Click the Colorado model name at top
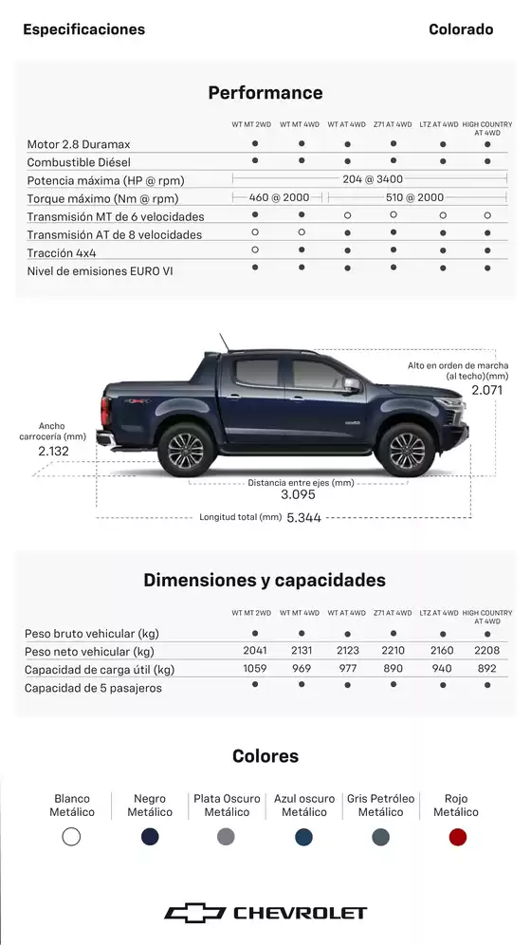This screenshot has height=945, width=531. coord(461,29)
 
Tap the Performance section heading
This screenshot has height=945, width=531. coord(265,93)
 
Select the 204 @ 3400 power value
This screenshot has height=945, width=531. coord(373,179)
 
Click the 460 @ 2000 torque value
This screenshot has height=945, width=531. coord(279,197)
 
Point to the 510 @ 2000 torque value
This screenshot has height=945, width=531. coord(414,197)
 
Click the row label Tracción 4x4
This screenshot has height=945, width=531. coord(62,253)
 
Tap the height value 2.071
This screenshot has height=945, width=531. coord(486,390)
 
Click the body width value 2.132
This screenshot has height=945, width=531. coord(53,452)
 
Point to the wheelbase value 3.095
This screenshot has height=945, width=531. coord(298,494)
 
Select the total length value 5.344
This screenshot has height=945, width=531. coord(303,518)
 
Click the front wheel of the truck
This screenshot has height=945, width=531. coord(407,450)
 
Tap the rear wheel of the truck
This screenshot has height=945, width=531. coord(186,450)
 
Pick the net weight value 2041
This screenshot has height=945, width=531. coord(255,651)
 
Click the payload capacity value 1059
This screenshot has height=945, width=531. coord(255,669)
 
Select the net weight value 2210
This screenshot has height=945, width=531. coord(393,651)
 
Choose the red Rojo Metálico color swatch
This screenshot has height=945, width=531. coord(458,837)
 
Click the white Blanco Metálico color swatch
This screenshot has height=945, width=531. coord(71,837)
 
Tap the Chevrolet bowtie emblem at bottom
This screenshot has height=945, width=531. coord(195,913)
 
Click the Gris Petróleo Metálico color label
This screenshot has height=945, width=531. coord(380,806)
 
